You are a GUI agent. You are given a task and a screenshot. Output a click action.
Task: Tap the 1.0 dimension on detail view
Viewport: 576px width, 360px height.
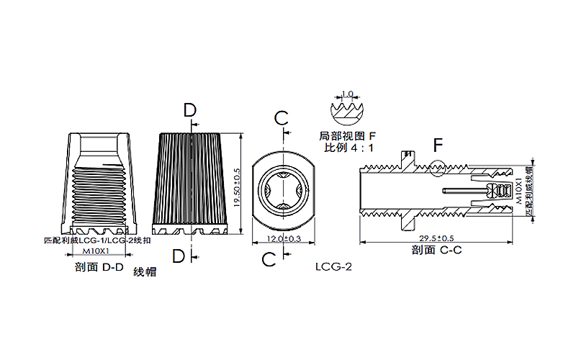tap(348, 94)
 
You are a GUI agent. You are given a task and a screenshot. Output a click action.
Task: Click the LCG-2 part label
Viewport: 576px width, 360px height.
tap(333, 266)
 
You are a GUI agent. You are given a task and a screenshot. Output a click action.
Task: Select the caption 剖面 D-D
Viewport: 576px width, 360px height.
tap(99, 268)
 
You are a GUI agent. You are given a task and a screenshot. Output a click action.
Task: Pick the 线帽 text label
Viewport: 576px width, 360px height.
tap(145, 273)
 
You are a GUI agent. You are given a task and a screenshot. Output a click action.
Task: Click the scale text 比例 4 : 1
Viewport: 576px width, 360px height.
tap(348, 148)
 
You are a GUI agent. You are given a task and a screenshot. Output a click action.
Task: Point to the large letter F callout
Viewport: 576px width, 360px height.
tap(438, 145)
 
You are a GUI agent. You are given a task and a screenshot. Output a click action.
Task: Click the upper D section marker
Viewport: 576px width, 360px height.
tap(189, 110)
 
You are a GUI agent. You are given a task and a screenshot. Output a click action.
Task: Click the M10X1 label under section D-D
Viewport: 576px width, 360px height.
tap(96, 251)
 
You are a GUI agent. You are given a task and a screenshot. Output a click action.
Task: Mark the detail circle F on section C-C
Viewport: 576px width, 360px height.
tap(437, 168)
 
